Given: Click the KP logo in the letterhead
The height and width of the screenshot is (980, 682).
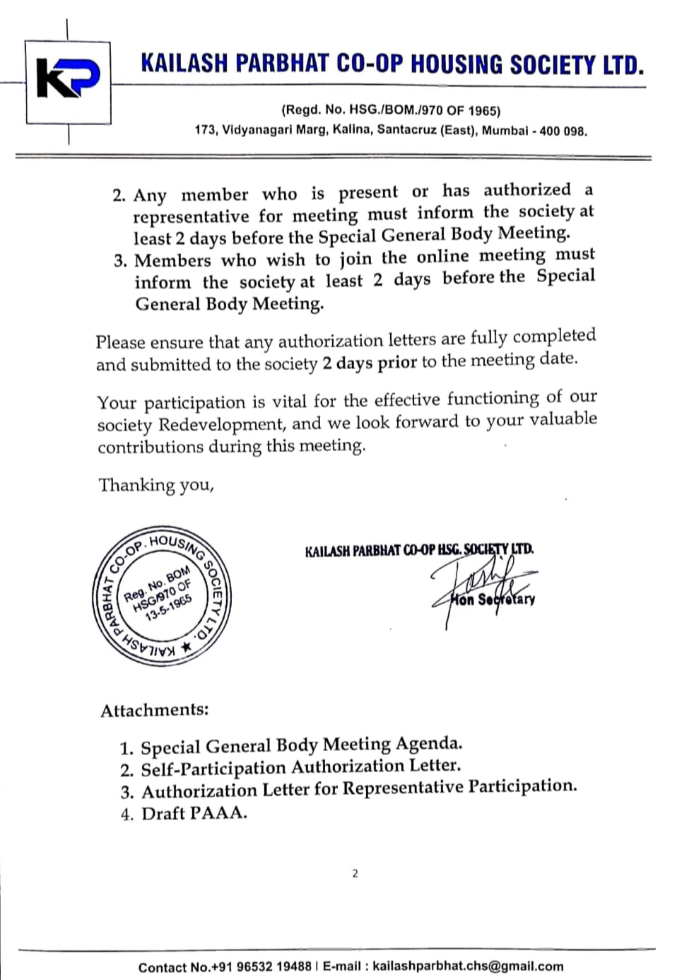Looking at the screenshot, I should click(x=68, y=80).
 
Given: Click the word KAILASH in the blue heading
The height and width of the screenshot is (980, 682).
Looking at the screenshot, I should click(x=184, y=64).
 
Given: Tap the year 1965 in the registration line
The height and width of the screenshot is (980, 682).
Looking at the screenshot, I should click(x=483, y=110).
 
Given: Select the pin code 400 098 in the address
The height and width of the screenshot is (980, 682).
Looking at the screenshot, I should click(x=563, y=131).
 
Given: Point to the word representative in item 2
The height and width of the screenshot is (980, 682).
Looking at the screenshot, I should click(x=191, y=216).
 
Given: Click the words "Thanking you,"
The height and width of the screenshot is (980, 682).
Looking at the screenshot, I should click(x=156, y=485).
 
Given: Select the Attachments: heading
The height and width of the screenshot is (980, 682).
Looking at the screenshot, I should click(x=155, y=710).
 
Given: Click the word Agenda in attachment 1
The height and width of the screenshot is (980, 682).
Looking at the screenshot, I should click(x=428, y=744).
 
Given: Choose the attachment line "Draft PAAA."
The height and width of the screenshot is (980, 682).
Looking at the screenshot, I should click(x=194, y=813).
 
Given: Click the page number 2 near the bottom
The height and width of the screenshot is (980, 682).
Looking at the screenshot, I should click(x=355, y=873).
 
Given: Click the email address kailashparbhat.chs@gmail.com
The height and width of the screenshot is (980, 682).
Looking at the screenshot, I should click(x=468, y=967).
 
